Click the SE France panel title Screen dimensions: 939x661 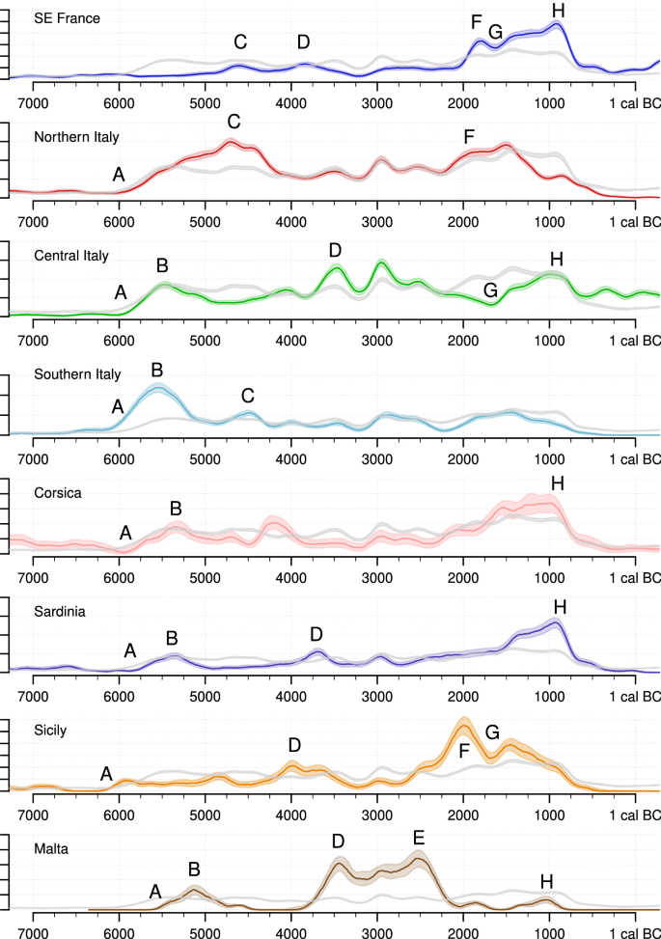67,18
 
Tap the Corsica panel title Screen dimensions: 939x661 58,492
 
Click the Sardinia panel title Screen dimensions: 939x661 61,611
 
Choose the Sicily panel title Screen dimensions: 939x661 50,730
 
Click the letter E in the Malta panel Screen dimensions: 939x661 419,837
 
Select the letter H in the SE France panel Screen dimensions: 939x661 558,11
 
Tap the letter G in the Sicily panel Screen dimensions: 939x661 492,733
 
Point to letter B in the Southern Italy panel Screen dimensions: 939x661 157,371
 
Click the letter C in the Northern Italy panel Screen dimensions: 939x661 234,122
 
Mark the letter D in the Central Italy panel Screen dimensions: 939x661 335,251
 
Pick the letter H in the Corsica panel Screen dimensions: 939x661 557,483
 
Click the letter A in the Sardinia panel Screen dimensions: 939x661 130,650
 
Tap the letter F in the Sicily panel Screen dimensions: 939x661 464,750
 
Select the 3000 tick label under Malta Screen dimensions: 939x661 377,932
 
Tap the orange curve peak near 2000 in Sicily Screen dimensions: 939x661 464,723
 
